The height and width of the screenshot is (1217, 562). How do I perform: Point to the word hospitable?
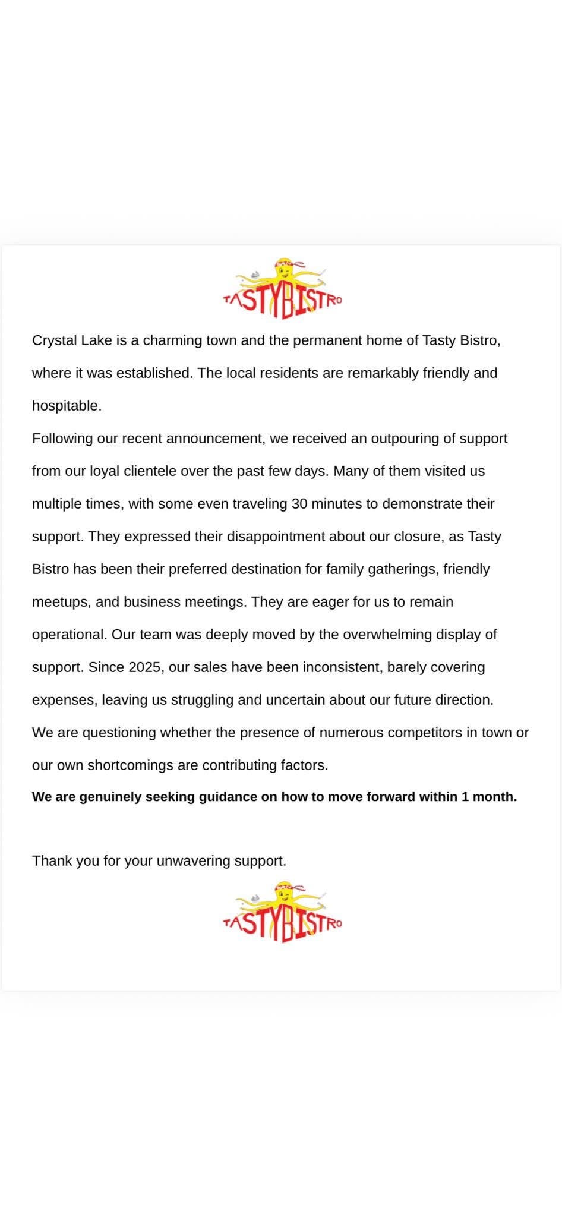point(67,406)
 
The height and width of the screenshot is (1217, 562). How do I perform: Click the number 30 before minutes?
point(299,504)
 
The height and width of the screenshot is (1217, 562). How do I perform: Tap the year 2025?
point(144,667)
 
